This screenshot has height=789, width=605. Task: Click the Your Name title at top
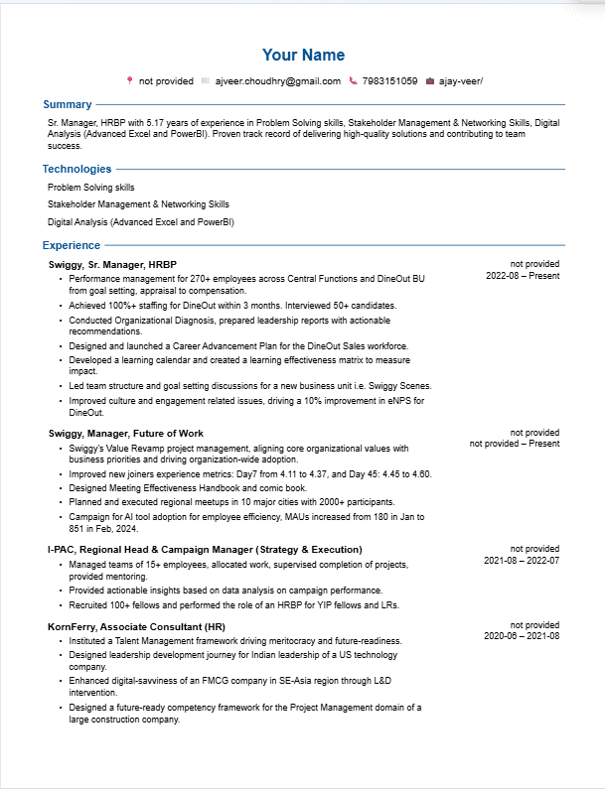(x=303, y=55)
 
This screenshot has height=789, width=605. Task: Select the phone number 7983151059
(x=389, y=80)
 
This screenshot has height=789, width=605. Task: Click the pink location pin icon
(x=129, y=80)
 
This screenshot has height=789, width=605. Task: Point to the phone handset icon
(x=353, y=80)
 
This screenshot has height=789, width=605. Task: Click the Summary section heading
(x=68, y=104)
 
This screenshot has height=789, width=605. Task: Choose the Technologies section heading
(x=76, y=169)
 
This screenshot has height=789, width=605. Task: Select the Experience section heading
(x=72, y=245)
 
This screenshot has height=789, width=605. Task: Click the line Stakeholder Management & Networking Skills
(x=138, y=204)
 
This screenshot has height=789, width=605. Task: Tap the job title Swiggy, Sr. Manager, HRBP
(x=112, y=265)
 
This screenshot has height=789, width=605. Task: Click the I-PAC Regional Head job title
(x=205, y=549)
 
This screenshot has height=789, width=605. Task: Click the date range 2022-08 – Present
(x=523, y=276)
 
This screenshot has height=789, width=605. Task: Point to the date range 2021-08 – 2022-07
(x=522, y=560)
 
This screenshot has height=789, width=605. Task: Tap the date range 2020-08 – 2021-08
(x=522, y=636)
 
